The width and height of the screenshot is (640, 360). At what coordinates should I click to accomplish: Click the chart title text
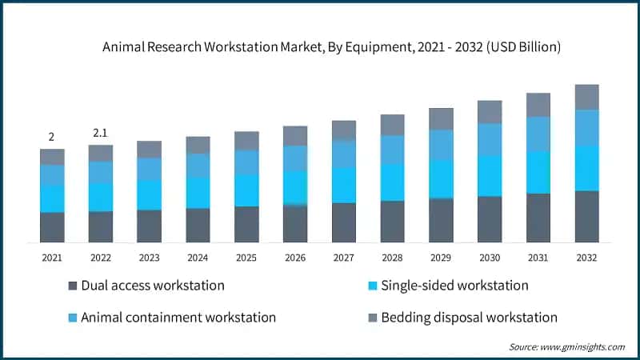pos(331,47)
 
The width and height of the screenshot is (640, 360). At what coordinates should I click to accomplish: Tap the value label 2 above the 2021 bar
pos(51,137)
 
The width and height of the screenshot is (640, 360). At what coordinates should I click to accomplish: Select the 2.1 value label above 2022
pos(100,132)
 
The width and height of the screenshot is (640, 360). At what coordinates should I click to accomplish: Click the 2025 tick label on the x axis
pos(246,258)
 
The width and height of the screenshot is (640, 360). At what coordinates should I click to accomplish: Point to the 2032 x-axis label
pos(586,258)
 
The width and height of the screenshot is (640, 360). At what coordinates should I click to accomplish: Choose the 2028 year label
pos(392,258)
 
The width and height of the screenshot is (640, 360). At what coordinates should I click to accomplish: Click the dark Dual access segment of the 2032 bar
pos(586,216)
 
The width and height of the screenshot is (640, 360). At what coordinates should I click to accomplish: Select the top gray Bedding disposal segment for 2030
pos(490,112)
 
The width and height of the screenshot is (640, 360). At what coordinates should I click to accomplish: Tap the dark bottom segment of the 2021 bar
pos(52,227)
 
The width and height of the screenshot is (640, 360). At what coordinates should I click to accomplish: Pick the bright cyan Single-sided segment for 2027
pos(344,185)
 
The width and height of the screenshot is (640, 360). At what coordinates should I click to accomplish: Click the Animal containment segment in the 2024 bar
pos(198,165)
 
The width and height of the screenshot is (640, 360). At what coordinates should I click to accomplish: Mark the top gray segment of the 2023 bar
pos(149,150)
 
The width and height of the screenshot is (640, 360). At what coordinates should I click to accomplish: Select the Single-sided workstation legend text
pos(454,286)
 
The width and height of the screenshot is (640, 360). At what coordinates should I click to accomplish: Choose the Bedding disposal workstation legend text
pos(469,318)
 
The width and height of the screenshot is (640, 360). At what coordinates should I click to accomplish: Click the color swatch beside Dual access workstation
pos(74,286)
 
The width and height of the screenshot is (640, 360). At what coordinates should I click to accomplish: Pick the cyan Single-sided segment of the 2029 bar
pos(441,178)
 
